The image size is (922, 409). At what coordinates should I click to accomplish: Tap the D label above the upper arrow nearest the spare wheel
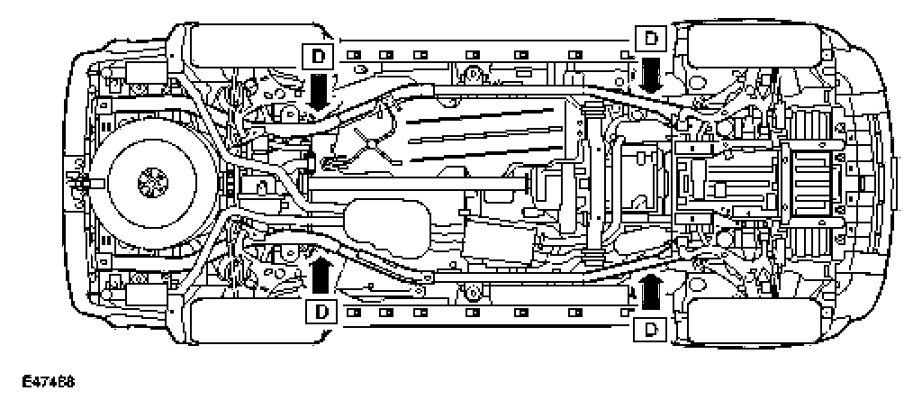(x=319, y=58)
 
